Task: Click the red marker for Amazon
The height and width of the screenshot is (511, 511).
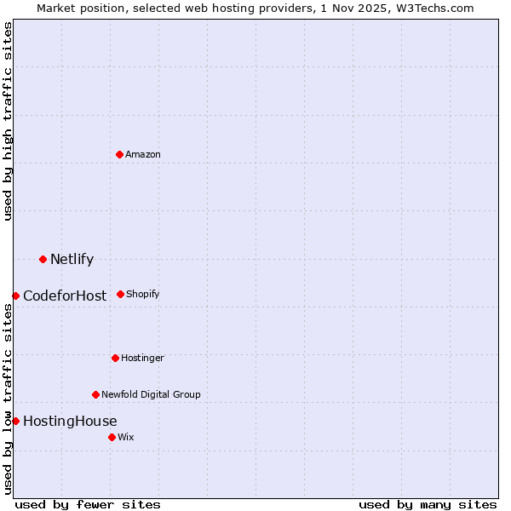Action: point(119,154)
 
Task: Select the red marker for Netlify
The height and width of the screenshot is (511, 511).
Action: point(43,259)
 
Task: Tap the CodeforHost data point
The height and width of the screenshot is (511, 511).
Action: point(15,296)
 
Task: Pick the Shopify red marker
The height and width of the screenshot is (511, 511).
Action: point(120,294)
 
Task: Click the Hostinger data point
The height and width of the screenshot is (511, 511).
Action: point(115,358)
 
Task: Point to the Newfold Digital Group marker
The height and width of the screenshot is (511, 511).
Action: point(95,394)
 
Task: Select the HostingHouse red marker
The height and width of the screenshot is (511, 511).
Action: point(15,421)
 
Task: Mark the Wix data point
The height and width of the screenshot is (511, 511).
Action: point(112,437)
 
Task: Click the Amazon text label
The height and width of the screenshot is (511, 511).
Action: point(143,155)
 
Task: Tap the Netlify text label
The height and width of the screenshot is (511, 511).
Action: point(72,260)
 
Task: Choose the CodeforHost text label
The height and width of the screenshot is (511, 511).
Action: point(65,296)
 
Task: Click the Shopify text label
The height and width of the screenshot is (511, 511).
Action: point(143,295)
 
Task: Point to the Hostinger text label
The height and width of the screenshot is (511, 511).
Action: point(142,359)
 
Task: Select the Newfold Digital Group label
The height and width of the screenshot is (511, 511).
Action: point(151,395)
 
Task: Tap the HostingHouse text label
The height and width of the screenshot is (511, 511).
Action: point(70,422)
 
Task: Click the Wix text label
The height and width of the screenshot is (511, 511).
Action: point(126,438)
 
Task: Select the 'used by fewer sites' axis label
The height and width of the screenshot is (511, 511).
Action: point(88,504)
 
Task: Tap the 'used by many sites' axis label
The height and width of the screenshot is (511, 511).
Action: point(428,504)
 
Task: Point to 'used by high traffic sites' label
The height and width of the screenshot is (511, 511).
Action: point(8,121)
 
